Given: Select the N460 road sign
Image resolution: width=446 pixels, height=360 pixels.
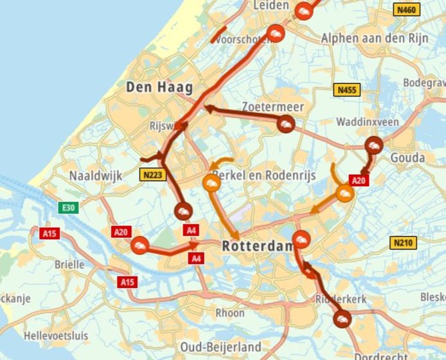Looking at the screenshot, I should [x=407, y=10].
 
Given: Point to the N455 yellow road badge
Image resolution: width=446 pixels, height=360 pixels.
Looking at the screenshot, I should [x=346, y=90].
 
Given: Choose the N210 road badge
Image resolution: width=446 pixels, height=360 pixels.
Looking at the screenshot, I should [x=403, y=242].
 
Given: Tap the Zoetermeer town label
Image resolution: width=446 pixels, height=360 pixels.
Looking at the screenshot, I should [x=273, y=106].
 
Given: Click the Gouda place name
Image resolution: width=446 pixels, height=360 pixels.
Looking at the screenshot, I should [x=407, y=157].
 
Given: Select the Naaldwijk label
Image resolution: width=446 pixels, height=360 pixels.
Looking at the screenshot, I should [x=96, y=175].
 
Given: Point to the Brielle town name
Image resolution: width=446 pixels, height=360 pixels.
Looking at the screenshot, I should [x=69, y=264].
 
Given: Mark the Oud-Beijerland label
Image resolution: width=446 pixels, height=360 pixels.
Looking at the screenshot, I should [x=221, y=346].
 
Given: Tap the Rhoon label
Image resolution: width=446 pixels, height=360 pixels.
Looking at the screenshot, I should [x=230, y=312].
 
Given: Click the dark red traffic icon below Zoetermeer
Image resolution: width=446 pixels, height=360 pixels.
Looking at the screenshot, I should [x=286, y=124].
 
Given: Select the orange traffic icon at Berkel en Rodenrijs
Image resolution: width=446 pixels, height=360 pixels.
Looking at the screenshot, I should [x=212, y=182].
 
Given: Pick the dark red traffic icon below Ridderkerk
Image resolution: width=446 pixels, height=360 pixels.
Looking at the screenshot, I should [x=342, y=318].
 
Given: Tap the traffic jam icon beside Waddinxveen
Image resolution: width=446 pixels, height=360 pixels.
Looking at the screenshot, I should [x=373, y=145].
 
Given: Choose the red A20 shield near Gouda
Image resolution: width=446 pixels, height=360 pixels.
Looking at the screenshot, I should [x=359, y=181].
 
